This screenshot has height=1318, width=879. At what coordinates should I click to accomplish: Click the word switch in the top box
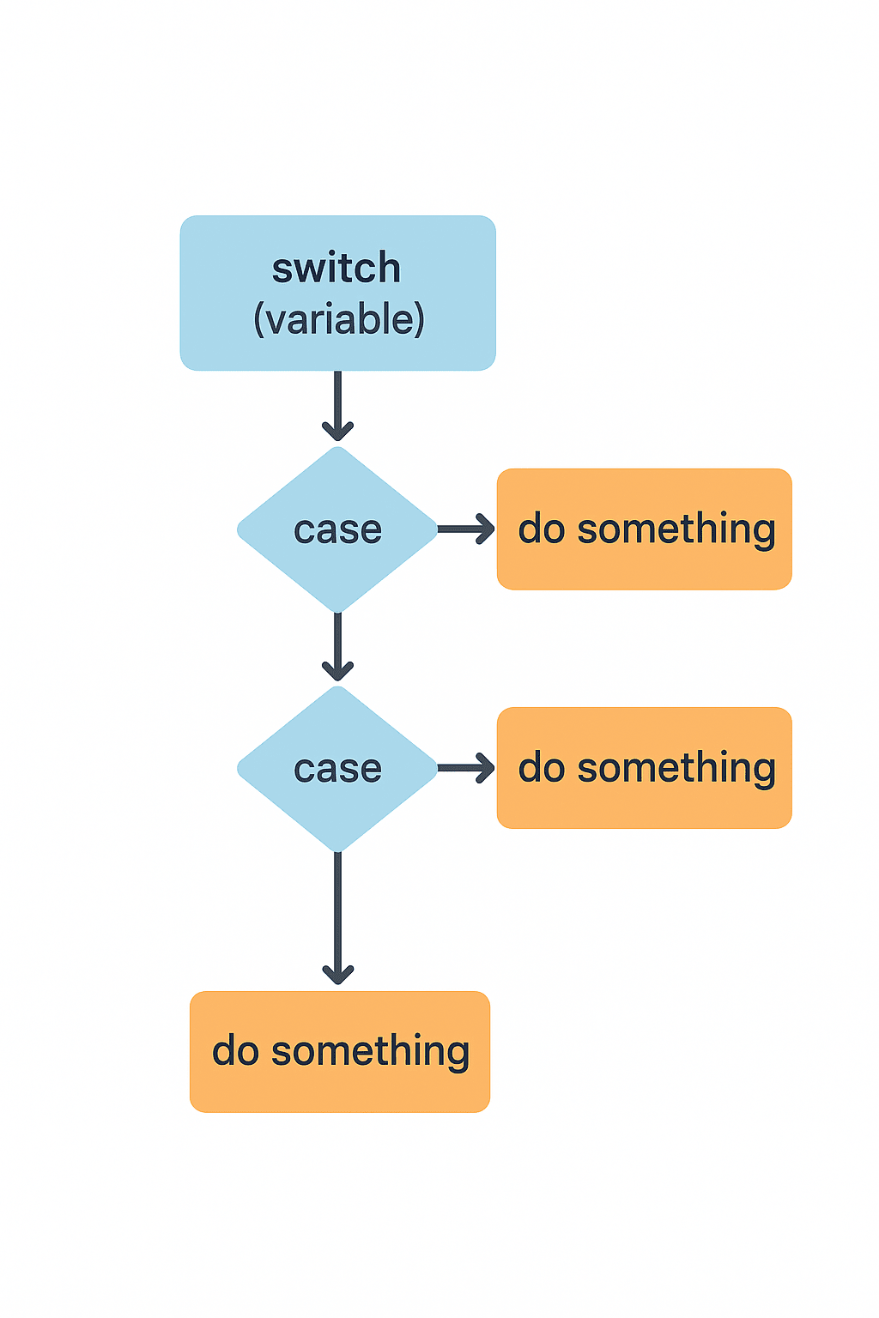point(336,269)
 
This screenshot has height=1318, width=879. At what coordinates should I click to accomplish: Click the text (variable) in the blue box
point(339,319)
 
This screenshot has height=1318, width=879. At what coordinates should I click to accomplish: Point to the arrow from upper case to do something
point(465,529)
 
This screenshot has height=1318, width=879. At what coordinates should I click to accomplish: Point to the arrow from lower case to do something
point(465,768)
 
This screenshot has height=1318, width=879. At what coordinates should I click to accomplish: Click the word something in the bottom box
point(371,1052)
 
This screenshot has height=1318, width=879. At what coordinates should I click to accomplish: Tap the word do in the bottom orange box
point(235,1051)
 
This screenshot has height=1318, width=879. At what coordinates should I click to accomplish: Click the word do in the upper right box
point(541,529)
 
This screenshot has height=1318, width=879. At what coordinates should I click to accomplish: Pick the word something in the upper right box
point(676,529)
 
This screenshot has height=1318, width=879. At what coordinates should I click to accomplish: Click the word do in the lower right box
point(541,767)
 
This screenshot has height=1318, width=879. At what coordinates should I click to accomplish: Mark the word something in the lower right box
point(676,768)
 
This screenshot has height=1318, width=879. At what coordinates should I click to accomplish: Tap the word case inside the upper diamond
point(337,530)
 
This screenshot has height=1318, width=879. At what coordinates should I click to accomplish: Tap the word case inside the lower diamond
point(337,769)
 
